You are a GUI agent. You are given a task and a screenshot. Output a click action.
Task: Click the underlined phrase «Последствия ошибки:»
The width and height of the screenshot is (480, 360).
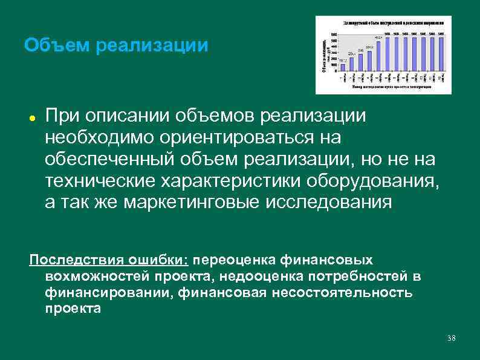109,260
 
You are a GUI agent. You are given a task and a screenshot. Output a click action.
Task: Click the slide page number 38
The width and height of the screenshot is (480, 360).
450,337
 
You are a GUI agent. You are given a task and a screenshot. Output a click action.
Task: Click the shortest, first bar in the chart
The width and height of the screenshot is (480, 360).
343,67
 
